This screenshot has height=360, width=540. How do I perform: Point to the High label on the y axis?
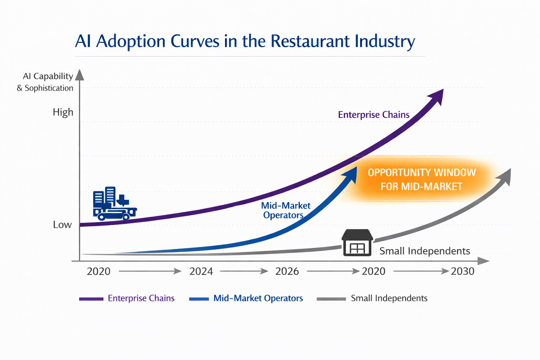(x=63, y=112)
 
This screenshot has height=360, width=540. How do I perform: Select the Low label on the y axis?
(x=62, y=225)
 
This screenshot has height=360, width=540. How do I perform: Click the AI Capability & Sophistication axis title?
(x=45, y=82)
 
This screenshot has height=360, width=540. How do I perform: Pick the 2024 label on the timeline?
(x=201, y=271)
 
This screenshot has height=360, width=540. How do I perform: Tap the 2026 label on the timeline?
(x=287, y=271)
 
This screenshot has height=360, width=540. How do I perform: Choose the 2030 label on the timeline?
(x=463, y=271)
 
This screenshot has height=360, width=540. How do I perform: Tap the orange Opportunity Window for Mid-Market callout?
(x=422, y=179)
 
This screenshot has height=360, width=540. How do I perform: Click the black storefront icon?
(x=358, y=243)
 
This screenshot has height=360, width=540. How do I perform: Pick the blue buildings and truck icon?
(x=114, y=204)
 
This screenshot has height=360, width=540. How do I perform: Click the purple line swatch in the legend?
(x=91, y=298)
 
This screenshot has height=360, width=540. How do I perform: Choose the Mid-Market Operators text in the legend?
(x=258, y=298)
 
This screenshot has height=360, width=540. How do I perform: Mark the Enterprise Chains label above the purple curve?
(x=373, y=115)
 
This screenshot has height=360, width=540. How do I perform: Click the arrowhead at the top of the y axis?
(x=80, y=74)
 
